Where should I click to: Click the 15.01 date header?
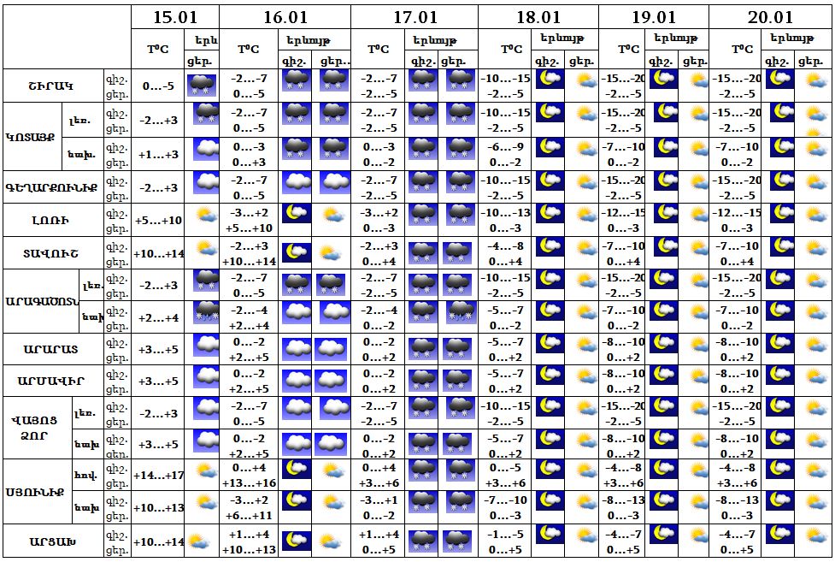tap(175, 18)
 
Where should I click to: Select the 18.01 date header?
tap(538, 18)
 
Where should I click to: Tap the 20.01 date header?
tap(771, 18)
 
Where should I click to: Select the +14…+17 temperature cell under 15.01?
tap(158, 476)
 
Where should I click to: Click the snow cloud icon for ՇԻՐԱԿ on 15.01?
tap(203, 85)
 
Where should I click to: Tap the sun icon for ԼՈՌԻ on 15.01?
tap(203, 216)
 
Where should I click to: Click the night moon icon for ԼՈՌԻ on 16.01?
tap(297, 215)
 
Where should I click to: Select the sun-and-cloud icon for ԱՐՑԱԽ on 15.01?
tap(200, 541)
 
